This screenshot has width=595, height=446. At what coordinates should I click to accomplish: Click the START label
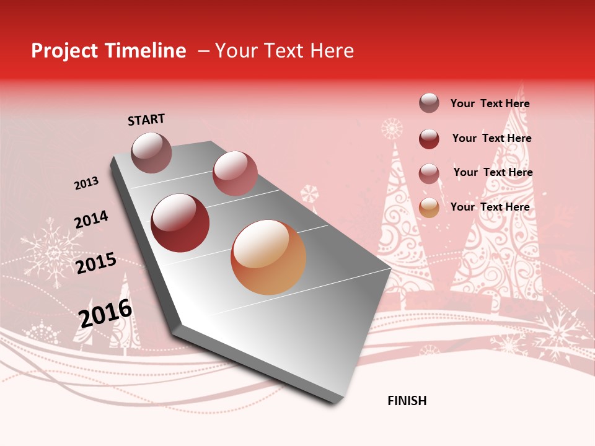tap(146, 120)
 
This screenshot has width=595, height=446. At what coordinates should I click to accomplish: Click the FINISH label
tap(407, 401)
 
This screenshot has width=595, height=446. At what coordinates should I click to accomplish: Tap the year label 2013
tap(86, 183)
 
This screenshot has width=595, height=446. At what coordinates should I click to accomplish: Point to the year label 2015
tap(96, 263)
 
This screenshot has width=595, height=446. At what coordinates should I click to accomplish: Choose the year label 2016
tap(105, 313)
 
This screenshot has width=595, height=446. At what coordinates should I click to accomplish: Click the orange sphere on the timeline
tap(268, 257)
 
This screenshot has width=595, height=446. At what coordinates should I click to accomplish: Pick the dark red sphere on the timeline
tap(180, 223)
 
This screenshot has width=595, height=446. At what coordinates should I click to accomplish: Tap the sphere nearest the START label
tap(152, 152)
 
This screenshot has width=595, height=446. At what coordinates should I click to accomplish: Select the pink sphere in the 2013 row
tap(235, 173)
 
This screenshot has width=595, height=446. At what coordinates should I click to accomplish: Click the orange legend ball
tap(429, 208)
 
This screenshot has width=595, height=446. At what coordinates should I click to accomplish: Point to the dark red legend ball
tap(429, 139)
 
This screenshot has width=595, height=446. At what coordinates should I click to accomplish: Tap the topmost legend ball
tap(429, 103)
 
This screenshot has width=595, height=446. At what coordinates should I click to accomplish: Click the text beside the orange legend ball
tap(490, 207)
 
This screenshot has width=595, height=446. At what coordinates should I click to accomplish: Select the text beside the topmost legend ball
tap(490, 103)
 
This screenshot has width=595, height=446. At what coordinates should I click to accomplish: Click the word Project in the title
tap(63, 51)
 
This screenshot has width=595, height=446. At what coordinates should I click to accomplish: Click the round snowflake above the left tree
tap(392, 129)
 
